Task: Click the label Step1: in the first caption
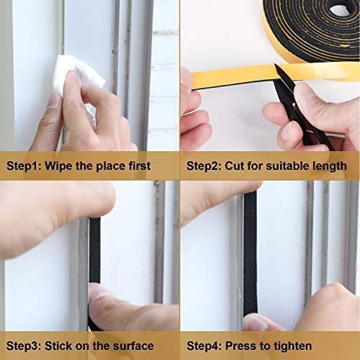pyautogui.click(x=24, y=166)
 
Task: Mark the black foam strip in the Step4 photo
pyautogui.click(x=250, y=254)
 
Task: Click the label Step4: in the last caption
pyautogui.click(x=204, y=346)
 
